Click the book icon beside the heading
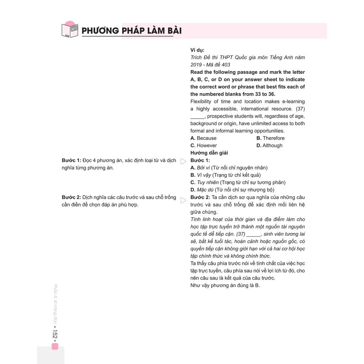(x=70, y=30)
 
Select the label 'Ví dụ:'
(x=197, y=50)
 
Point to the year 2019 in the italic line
(x=196, y=65)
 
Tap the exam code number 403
(x=225, y=65)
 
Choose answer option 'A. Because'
(x=203, y=138)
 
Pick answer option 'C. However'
(x=203, y=145)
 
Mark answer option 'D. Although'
(x=269, y=145)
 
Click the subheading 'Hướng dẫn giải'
(x=209, y=153)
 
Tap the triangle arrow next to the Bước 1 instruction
(x=183, y=161)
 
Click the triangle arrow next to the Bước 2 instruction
(x=183, y=200)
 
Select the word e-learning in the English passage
(x=293, y=102)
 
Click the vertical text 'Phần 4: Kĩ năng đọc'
(x=55, y=302)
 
